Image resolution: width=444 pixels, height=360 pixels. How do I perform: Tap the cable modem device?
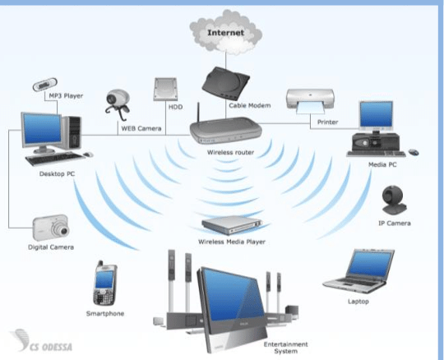[225, 84]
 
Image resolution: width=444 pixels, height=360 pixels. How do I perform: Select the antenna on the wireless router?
[198, 113]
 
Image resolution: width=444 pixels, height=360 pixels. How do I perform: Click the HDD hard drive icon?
[165, 89]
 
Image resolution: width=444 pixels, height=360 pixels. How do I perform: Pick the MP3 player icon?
[45, 85]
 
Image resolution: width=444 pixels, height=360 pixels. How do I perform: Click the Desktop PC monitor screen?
[43, 128]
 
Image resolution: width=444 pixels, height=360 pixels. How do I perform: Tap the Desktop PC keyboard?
[54, 158]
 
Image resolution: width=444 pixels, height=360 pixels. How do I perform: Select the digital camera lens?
[62, 230]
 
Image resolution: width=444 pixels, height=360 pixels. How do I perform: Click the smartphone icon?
[104, 284]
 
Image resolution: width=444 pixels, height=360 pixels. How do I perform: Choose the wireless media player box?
[232, 224]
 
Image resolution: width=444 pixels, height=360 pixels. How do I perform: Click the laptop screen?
[370, 265]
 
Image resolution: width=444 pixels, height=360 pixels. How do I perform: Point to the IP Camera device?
[394, 200]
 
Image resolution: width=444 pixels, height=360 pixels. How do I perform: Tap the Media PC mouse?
[414, 152]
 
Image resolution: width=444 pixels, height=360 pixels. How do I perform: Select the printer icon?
[310, 101]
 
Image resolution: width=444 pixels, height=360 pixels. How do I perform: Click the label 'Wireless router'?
[230, 152]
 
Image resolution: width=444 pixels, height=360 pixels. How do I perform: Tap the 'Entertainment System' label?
[285, 348]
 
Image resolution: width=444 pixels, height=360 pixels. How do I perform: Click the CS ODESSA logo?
[42, 340]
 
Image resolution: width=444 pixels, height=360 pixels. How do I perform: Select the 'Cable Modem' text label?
[250, 105]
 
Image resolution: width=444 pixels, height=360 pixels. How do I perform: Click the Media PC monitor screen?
[377, 114]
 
